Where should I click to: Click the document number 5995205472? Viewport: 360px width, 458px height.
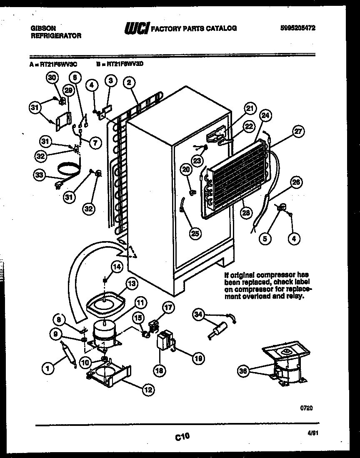point(297,28)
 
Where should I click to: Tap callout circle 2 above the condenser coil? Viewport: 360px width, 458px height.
point(129,83)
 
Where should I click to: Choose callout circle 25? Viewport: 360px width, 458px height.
point(195,233)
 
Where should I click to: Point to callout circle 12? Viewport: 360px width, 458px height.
point(148,390)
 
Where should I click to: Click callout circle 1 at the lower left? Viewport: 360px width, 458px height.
point(48,368)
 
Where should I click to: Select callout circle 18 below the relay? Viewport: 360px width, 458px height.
point(161,370)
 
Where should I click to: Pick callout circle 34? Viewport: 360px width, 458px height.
point(199,315)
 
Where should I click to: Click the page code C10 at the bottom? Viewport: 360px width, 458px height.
point(182,437)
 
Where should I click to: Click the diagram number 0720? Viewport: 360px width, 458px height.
point(306,408)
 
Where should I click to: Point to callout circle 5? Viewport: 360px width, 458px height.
point(265,239)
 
